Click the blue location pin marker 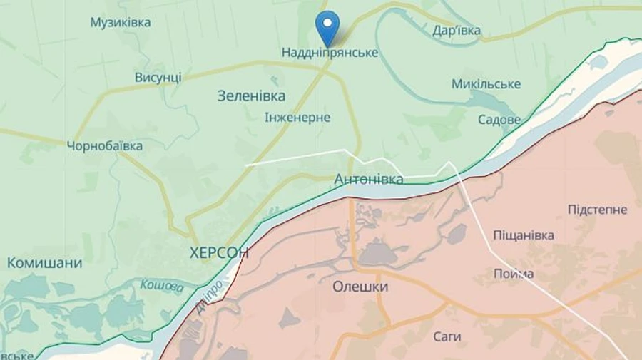point(327,26)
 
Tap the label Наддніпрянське point(330,53)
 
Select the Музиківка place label point(120,23)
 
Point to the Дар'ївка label point(457,31)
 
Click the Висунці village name point(158,77)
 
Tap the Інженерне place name point(297,118)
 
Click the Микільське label point(486,84)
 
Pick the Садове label point(499,120)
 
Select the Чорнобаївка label point(104,146)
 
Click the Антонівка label point(369,179)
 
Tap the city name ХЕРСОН point(219,252)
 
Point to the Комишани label point(44,263)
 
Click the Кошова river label point(162,285)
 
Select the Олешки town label point(360,287)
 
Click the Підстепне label point(597,210)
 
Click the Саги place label point(447,336)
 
